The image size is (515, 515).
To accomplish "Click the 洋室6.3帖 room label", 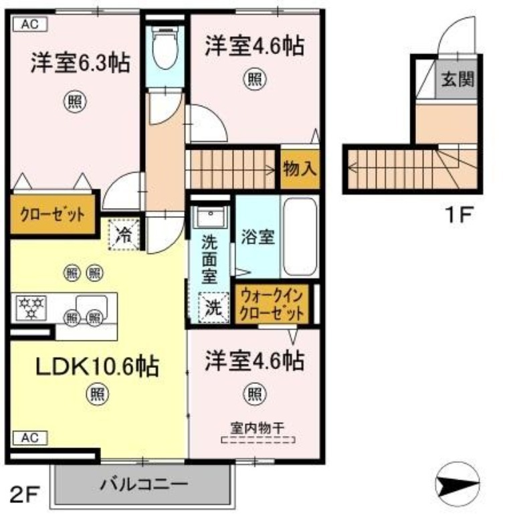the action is tap(80, 62).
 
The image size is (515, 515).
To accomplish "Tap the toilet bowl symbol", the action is tap(165, 48).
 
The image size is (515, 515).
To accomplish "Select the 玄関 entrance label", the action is tap(457, 79).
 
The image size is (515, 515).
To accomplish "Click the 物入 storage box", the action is tap(300, 169).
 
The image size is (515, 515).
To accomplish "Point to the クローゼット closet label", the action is tap(53, 215).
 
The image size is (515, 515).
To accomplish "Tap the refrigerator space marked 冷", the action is tap(124, 235).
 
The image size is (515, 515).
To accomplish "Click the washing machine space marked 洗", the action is tap(214, 308).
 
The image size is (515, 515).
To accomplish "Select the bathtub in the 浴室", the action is tap(300, 236).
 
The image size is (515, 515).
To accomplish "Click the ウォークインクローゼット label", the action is tap(272, 305).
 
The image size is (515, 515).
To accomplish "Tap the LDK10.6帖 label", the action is tap(97, 366).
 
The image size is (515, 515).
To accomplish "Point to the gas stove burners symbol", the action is tap(31, 308).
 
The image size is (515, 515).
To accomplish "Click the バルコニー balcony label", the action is tap(144, 484).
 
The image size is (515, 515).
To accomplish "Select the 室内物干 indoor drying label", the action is tap(257, 428).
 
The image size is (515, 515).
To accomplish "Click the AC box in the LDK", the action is tap(30, 438).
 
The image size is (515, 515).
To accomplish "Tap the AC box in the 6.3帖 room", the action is tap(30, 24).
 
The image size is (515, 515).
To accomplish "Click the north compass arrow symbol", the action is tap(457, 484).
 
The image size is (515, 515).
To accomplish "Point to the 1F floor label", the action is tap(459, 214).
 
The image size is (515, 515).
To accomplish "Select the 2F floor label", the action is tap(25, 494).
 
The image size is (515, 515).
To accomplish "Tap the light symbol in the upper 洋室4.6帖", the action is tap(255, 79).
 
